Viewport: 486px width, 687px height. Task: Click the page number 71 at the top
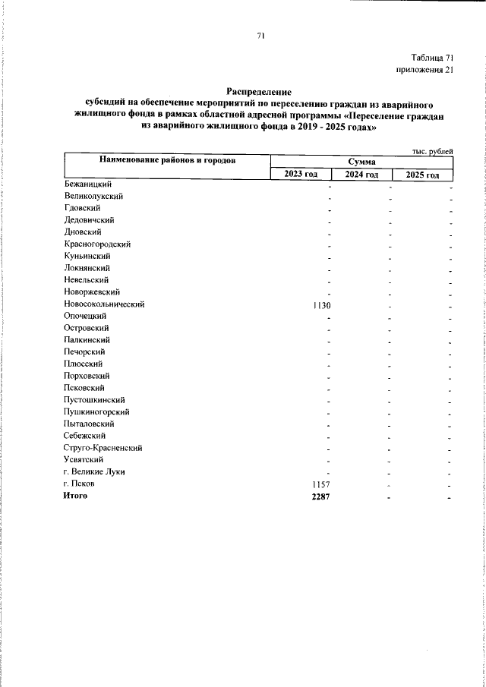(x=260, y=35)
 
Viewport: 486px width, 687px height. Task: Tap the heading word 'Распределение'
(x=259, y=91)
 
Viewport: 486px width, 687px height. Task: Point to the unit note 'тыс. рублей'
(x=433, y=151)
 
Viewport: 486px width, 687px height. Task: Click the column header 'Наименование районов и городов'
(x=166, y=161)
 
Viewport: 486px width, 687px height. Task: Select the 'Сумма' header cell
(x=361, y=162)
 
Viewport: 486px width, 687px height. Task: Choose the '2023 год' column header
(x=301, y=175)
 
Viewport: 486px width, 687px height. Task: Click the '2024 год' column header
(x=361, y=175)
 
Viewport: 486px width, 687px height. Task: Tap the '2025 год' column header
(x=422, y=175)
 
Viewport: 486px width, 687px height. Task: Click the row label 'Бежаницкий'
(x=88, y=184)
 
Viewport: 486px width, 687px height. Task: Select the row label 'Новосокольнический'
(x=104, y=304)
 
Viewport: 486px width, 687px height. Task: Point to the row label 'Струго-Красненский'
(x=103, y=448)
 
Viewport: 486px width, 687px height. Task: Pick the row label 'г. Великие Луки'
(x=94, y=472)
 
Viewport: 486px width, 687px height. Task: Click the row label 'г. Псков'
(x=80, y=484)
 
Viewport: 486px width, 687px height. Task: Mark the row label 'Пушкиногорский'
(x=97, y=411)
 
